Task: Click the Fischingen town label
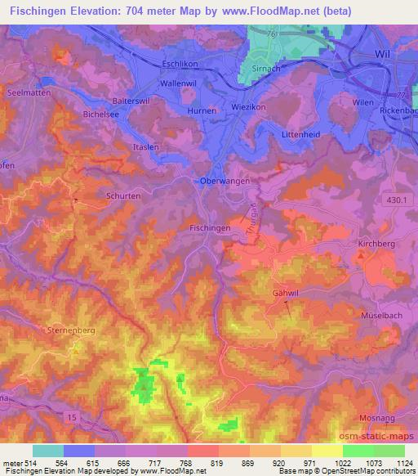coord(209,229)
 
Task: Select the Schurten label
coord(123,197)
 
